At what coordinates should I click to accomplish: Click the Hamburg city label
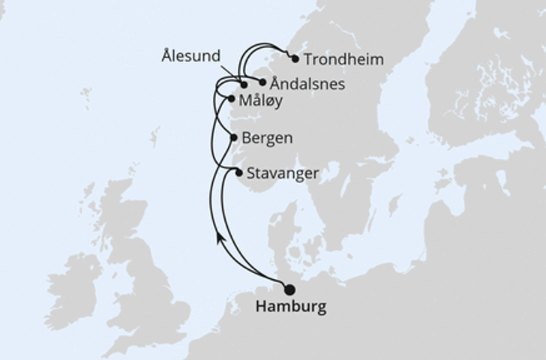[x=291, y=307]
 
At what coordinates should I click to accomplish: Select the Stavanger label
[x=282, y=173]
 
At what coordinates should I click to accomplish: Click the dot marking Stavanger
[x=239, y=173]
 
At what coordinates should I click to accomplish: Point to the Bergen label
[x=268, y=139]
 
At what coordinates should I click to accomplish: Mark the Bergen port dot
[x=234, y=138]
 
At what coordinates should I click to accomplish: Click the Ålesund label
[x=190, y=56]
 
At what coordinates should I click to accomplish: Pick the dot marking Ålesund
[x=244, y=85]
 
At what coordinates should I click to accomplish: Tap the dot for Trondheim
[x=295, y=58]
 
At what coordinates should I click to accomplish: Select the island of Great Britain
[x=150, y=285]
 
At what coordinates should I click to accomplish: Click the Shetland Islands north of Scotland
[x=154, y=139]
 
